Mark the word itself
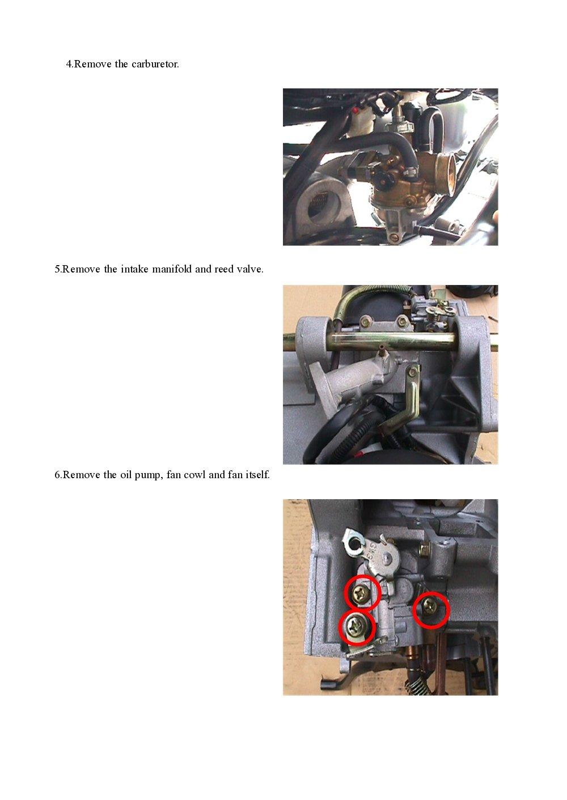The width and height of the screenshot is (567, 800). [x=257, y=475]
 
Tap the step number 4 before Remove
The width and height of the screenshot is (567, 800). [x=69, y=64]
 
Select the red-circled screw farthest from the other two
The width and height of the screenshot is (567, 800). [x=430, y=609]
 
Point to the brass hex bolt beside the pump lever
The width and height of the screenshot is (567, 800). [x=423, y=548]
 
